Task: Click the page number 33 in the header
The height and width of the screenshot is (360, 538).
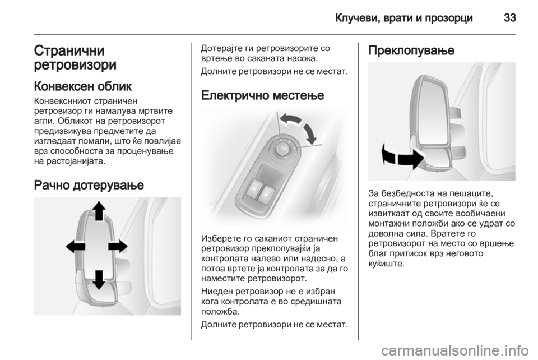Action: [x=508, y=17]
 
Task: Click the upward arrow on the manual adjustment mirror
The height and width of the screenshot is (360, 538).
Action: [x=98, y=213]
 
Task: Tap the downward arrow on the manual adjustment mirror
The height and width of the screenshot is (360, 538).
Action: [x=99, y=279]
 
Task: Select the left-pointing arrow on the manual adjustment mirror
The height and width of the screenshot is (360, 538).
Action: [x=75, y=246]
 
